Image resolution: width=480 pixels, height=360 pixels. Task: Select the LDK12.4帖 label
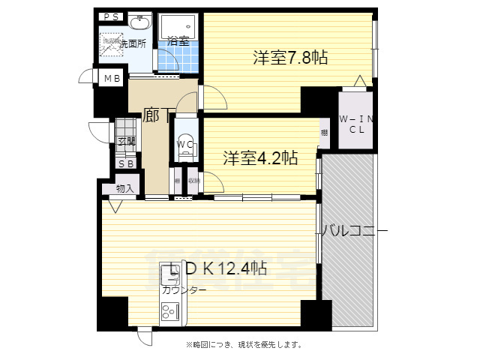click(x=214, y=268)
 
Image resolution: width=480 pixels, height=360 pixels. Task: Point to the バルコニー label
click(x=354, y=230)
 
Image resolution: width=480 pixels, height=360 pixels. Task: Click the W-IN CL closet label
click(x=352, y=124)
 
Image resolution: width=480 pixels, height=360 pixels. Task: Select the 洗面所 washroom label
click(x=113, y=43)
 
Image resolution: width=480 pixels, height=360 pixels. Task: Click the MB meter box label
click(x=112, y=79)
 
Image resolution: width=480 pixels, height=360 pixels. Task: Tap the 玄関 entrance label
click(x=126, y=141)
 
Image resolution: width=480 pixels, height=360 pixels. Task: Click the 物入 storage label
click(x=124, y=188)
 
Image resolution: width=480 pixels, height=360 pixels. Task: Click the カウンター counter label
click(x=183, y=289)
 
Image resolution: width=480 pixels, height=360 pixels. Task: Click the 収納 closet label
click(x=193, y=180)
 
